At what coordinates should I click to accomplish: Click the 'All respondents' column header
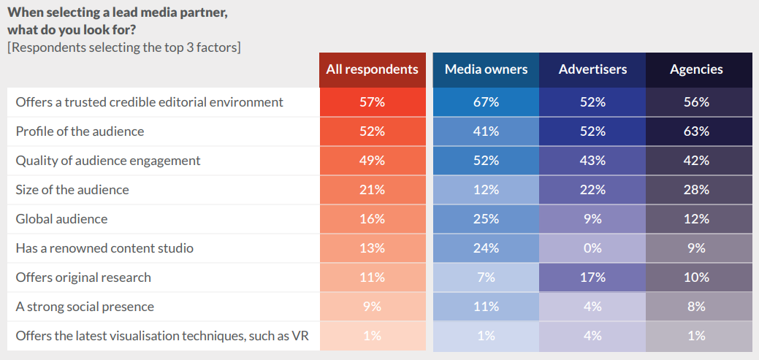(x=372, y=69)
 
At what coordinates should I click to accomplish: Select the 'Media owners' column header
(x=486, y=69)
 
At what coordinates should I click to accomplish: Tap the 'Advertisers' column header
(x=592, y=69)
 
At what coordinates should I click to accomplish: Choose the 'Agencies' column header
(x=696, y=69)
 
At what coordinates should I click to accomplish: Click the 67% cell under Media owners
(x=486, y=102)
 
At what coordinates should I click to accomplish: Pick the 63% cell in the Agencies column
(x=696, y=131)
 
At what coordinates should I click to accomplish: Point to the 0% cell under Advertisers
(x=592, y=248)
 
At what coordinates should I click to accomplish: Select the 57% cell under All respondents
(x=372, y=102)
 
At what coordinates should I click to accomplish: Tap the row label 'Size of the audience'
(x=72, y=190)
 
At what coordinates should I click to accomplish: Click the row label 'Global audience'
(x=61, y=219)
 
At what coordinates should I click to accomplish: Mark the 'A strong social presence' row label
(x=85, y=307)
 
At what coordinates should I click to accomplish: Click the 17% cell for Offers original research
(x=592, y=277)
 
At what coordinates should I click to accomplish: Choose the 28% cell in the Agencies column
(x=696, y=190)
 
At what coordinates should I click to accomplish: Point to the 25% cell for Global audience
(x=486, y=219)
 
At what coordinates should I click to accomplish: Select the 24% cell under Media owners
(x=486, y=248)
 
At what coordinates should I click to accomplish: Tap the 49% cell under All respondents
(x=372, y=161)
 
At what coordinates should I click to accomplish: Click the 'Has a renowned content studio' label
(x=104, y=248)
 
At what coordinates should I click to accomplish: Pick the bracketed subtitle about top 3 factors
(x=123, y=48)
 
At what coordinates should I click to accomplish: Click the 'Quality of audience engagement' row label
(x=108, y=161)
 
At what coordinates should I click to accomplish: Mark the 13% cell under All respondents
(x=372, y=248)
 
